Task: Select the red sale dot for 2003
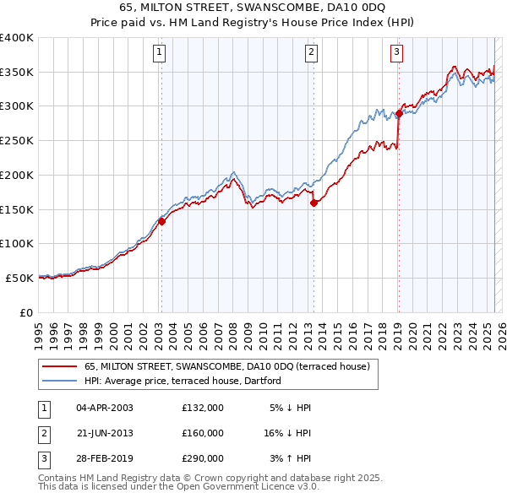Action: (161, 222)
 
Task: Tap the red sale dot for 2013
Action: (313, 203)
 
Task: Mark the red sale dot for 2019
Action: (398, 113)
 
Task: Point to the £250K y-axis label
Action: (17, 141)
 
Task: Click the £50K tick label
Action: (20, 278)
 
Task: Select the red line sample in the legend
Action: (59, 367)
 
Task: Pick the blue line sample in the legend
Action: (59, 381)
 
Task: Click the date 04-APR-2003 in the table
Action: (105, 408)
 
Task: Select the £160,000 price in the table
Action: (202, 433)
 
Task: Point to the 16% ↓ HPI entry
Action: (288, 433)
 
